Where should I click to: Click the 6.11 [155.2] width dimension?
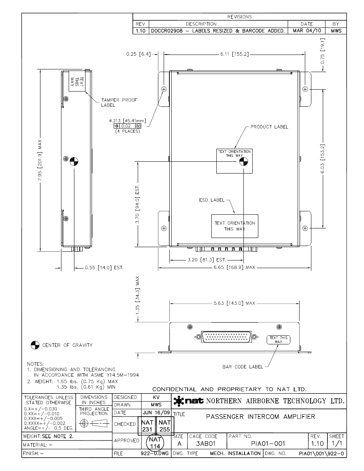234,54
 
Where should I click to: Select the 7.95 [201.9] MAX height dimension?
40,160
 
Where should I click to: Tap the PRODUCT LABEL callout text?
269,127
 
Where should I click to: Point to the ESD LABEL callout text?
212,200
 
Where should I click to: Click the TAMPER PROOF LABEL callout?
119,103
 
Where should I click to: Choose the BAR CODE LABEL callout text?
243,367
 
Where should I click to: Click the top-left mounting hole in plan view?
164,89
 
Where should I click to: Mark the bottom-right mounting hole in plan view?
305,228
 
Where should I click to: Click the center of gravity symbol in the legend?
35,345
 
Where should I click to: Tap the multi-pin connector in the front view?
226,337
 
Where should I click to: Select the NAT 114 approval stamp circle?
155,443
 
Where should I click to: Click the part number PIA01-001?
268,444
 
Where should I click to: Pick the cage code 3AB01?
206,444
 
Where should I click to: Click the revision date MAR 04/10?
307,31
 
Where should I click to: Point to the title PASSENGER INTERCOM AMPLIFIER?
260,416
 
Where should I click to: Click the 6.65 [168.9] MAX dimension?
234,267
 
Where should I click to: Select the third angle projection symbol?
94,423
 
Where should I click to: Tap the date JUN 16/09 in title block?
156,413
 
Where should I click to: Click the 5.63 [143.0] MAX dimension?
234,303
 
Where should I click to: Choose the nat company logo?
188,401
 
